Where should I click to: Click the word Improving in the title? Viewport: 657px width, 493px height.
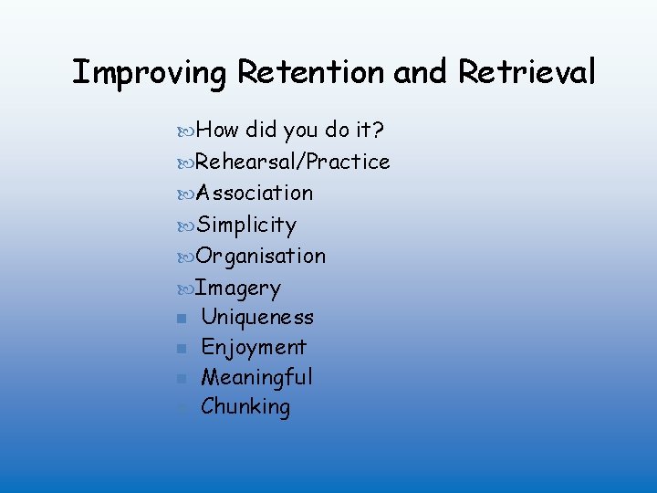pos(149,72)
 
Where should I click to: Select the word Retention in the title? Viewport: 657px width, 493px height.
pos(311,71)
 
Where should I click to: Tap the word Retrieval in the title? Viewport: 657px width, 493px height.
pos(527,71)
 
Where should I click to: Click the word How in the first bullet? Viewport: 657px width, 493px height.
pos(217,131)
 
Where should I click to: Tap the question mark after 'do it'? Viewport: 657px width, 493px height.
pos(376,131)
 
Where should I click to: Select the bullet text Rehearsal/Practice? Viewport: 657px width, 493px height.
pos(293,162)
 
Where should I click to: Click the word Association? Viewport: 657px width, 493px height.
pos(255,193)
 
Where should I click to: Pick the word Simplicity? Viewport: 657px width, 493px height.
pos(246,225)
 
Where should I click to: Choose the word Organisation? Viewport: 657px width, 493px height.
pos(261,256)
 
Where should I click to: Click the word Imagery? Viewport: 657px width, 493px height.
pos(238,288)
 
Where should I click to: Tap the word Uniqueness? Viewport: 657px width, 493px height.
pos(257,318)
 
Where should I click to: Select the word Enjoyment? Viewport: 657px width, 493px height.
pos(254,347)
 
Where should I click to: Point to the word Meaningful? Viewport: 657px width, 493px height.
pos(256,377)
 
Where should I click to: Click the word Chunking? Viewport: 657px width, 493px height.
pos(245,406)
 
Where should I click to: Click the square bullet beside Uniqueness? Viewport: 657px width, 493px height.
pos(183,319)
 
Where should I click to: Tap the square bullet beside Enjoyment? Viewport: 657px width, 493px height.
pos(183,348)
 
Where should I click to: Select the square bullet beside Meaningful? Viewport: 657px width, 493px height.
pos(183,378)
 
